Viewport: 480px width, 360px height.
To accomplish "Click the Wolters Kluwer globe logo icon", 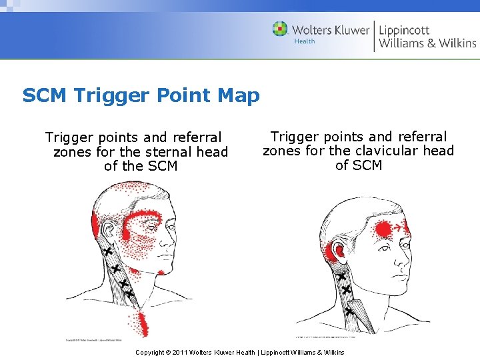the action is click(x=281, y=29).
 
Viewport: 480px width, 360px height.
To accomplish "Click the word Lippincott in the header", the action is click(x=404, y=29).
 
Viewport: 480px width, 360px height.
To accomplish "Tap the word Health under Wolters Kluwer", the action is click(x=305, y=41).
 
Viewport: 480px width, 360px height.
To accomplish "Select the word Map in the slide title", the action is click(x=238, y=95).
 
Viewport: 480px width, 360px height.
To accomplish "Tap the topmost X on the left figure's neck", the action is click(x=107, y=251).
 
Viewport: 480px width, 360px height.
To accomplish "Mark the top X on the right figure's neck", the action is click(x=341, y=276).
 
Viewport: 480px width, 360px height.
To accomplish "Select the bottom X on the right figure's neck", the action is click(x=349, y=311).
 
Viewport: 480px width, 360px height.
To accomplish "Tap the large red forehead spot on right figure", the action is click(x=383, y=229).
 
